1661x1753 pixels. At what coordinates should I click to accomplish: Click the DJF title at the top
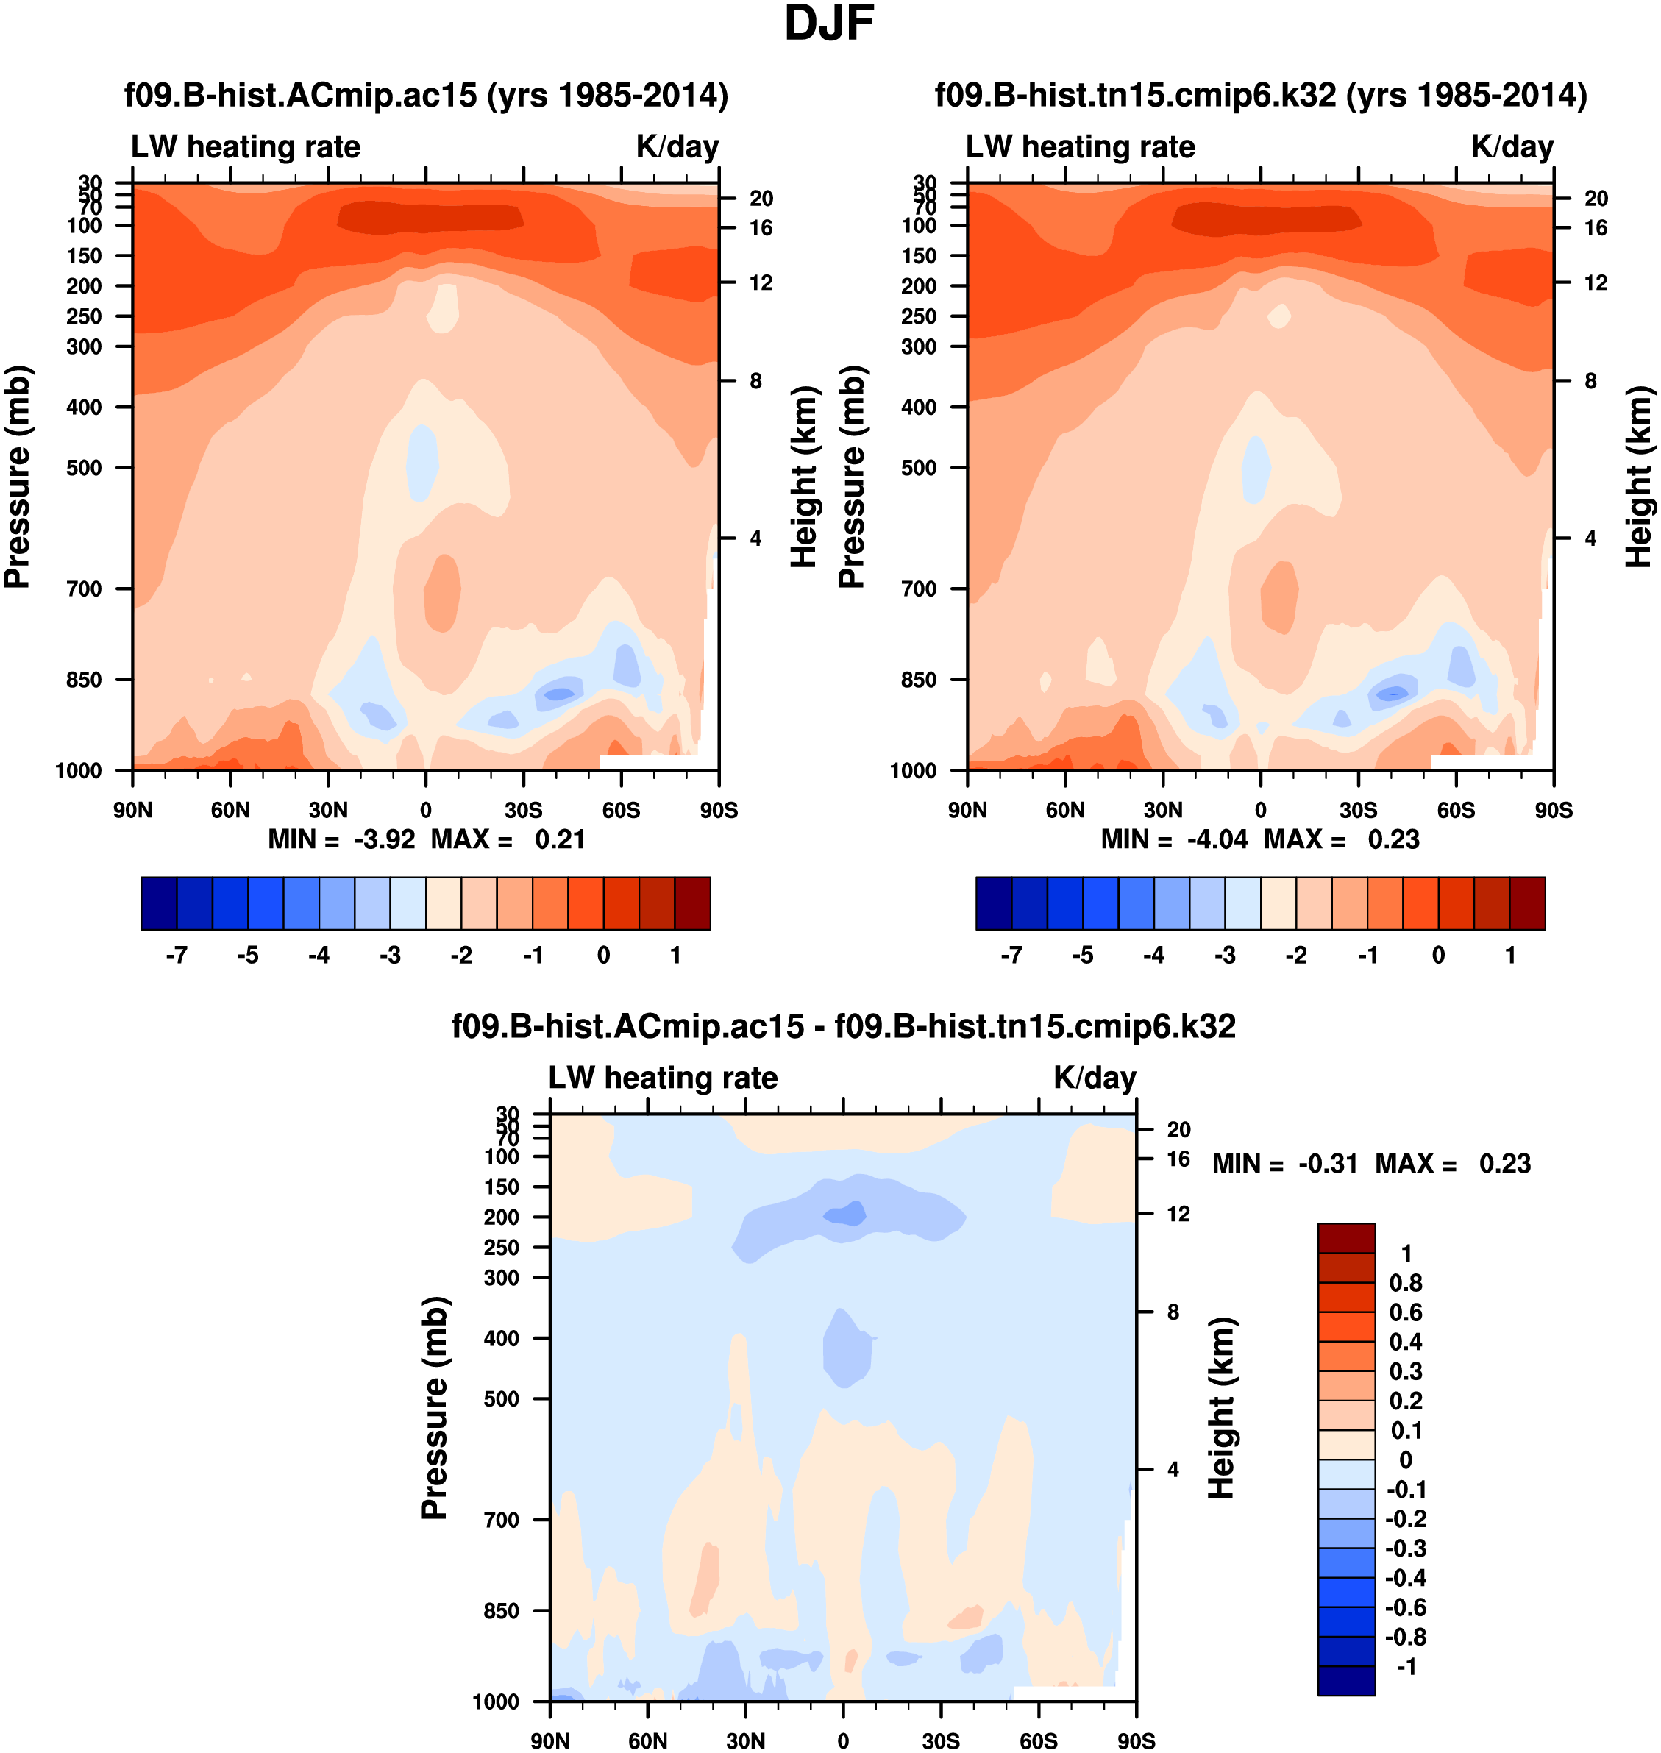(829, 24)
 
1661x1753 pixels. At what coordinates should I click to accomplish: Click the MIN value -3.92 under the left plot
(384, 839)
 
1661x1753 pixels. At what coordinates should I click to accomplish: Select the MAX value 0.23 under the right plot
(1394, 839)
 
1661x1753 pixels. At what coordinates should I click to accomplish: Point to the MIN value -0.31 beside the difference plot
(1328, 1163)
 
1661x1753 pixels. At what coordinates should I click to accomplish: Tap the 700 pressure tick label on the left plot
(84, 589)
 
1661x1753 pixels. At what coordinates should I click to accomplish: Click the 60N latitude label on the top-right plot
(1065, 810)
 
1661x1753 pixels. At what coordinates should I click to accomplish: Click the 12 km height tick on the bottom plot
(1178, 1214)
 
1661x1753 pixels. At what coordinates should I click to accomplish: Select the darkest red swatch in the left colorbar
(692, 903)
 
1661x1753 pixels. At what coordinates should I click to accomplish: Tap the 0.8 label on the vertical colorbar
(1405, 1283)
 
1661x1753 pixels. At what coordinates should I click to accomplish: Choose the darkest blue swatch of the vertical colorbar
(1346, 1680)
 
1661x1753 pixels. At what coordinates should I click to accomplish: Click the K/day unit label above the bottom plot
(1095, 1078)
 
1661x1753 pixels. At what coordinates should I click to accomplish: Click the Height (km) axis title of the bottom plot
(1221, 1408)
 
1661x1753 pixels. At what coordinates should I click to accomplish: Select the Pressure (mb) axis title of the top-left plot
(18, 477)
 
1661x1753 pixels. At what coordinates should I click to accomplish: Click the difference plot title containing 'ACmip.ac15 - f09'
(843, 1026)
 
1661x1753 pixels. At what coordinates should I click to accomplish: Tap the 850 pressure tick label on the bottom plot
(501, 1610)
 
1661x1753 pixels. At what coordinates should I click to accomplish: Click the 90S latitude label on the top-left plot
(718, 810)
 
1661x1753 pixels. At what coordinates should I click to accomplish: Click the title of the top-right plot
(1261, 95)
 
